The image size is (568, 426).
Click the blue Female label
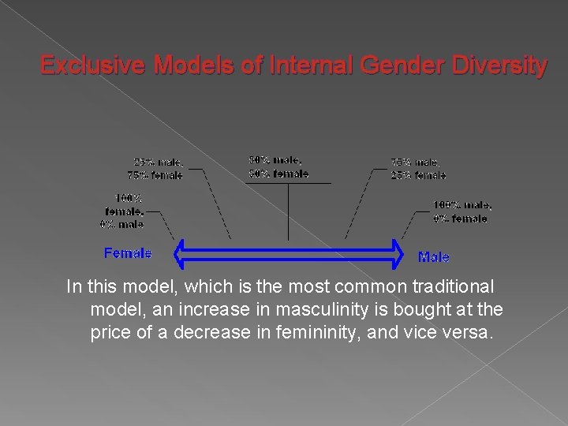[x=128, y=253]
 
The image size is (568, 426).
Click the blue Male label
[x=433, y=256]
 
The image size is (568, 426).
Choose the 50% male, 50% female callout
[x=278, y=166]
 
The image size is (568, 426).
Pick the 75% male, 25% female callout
[x=417, y=169]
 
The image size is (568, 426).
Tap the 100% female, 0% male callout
[x=122, y=211]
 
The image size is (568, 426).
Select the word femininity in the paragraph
[x=361, y=332]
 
